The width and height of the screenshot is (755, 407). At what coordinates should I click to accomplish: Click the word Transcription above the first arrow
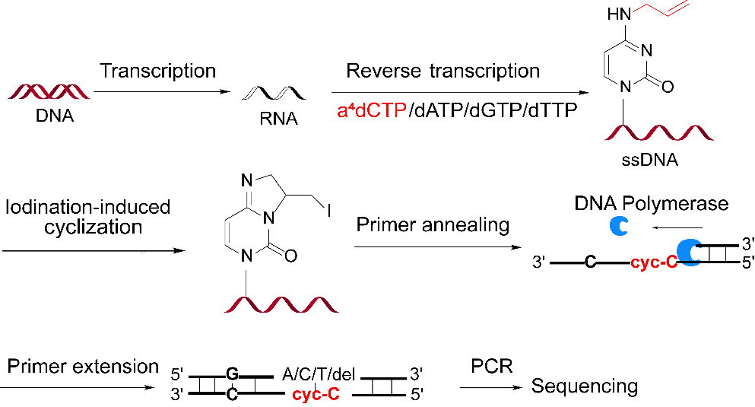[x=158, y=71]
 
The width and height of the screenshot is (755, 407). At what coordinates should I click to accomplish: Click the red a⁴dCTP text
[x=372, y=111]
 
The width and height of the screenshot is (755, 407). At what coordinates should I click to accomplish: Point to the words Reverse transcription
[x=443, y=72]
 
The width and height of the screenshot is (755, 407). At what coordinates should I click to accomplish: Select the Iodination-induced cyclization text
[x=87, y=217]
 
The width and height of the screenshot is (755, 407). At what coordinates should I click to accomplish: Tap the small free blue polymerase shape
[x=617, y=227]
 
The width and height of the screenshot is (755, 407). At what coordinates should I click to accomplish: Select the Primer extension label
[x=83, y=366]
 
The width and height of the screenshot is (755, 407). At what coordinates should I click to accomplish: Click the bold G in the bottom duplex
[x=232, y=374]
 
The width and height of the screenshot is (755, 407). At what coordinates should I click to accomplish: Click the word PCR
[x=492, y=366]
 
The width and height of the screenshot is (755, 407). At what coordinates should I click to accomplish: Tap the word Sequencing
[x=584, y=386]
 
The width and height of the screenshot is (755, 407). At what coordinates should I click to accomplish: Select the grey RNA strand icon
[x=274, y=94]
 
